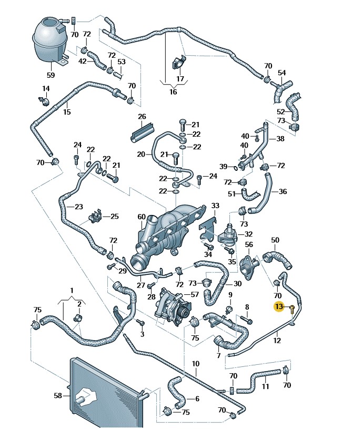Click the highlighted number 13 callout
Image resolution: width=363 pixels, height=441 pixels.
point(278,306)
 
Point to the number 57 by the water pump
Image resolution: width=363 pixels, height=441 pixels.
point(194,295)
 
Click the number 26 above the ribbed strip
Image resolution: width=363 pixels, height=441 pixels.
point(142,117)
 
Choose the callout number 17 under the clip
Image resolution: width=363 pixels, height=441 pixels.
point(180,79)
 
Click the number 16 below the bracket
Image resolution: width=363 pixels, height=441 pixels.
point(173,92)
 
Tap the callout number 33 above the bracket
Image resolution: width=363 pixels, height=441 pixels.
point(215,205)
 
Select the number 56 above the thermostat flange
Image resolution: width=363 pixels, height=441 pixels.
point(249,245)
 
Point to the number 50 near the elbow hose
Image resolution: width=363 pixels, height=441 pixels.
point(275,240)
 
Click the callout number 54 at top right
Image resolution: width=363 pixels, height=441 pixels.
point(282,73)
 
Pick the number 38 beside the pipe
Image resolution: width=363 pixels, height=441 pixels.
point(280,139)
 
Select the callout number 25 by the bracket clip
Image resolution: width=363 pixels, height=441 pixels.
point(114,216)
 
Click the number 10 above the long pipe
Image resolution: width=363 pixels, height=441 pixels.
point(196,364)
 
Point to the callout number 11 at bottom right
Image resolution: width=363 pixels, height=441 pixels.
point(265,387)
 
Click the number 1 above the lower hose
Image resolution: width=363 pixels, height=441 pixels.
point(72,291)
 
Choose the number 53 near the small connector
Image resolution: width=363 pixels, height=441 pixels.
point(122,61)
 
